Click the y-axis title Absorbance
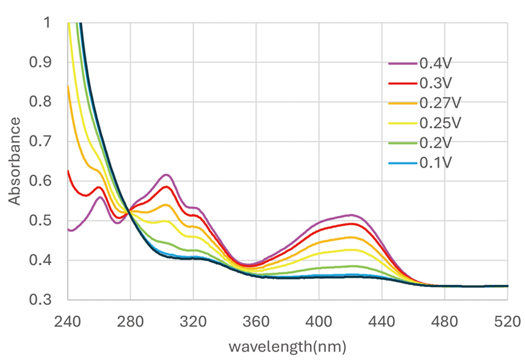tap(15, 160)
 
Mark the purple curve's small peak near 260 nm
tap(100, 197)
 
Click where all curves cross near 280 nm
tap(130, 211)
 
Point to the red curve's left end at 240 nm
tap(68, 171)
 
